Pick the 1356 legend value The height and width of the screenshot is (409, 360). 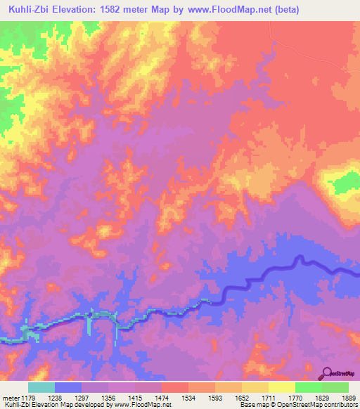pos(108,397)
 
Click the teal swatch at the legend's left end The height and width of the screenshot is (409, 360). pos(41,387)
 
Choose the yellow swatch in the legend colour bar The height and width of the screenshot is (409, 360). pos(281,387)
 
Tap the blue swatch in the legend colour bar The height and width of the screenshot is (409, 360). pos(67,387)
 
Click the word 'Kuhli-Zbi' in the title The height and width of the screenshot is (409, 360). pos(27,9)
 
